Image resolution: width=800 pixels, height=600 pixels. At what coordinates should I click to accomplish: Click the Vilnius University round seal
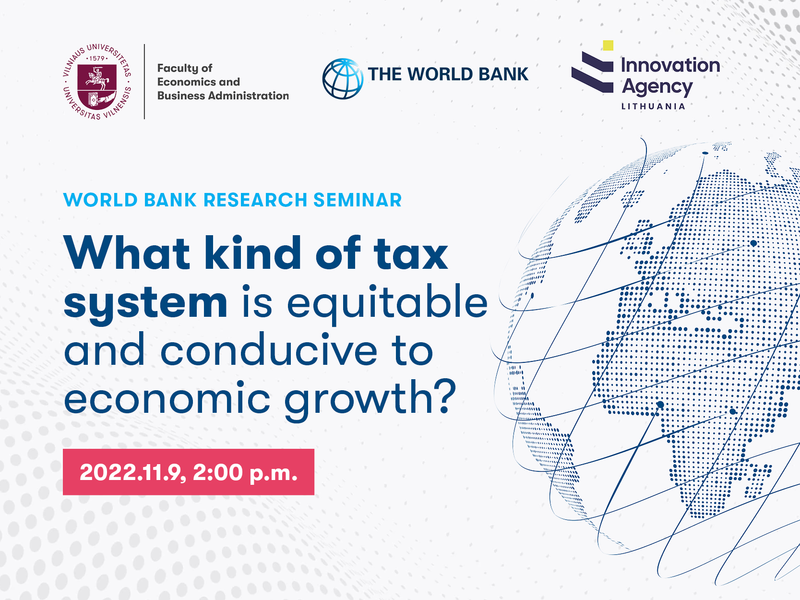(x=97, y=82)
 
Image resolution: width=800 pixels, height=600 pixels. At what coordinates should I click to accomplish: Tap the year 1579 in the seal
(x=97, y=59)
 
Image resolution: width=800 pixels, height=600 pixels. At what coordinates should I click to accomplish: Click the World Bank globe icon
(x=343, y=79)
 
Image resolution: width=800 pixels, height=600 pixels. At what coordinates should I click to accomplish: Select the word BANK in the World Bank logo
(x=503, y=74)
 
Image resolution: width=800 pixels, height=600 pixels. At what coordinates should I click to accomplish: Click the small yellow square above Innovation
(x=608, y=45)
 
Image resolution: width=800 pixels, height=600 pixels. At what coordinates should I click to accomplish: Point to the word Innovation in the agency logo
(x=670, y=65)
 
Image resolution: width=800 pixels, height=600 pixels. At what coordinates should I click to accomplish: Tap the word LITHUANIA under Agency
(x=653, y=106)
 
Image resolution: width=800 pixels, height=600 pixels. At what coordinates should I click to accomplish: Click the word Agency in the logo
(x=657, y=87)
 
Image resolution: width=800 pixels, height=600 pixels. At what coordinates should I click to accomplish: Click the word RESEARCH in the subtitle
(x=255, y=200)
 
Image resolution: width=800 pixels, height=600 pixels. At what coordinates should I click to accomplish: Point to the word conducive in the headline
(x=269, y=350)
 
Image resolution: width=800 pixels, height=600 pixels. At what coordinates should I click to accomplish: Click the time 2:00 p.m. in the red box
(x=245, y=473)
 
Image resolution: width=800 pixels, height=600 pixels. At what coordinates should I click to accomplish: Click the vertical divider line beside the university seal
(x=144, y=82)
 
